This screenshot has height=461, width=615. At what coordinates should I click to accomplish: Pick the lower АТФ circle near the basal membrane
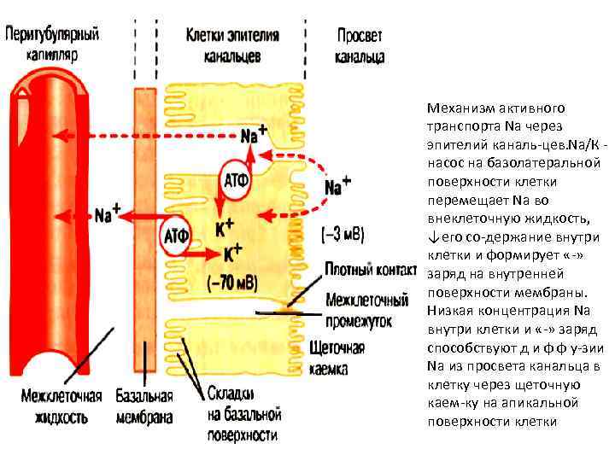pos(176,234)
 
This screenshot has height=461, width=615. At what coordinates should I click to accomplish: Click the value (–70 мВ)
pos(232,283)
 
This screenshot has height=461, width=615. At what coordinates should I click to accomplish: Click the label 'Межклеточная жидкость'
pos(61,407)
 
